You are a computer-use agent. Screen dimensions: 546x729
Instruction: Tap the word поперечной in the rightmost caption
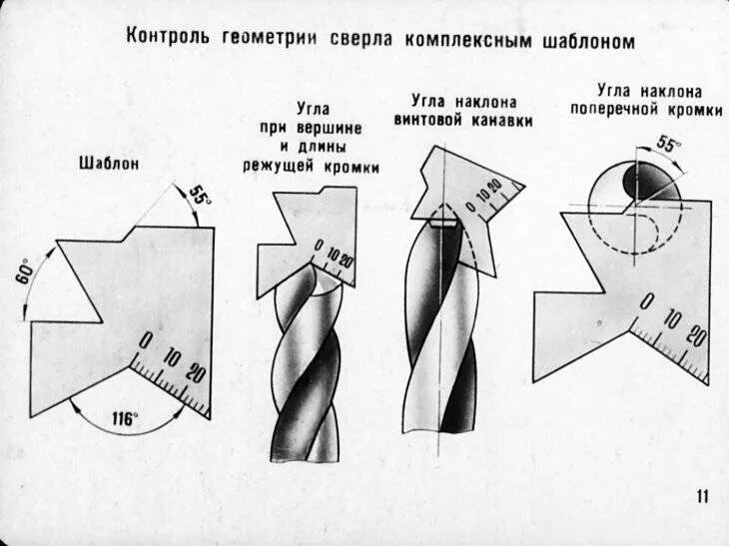611,111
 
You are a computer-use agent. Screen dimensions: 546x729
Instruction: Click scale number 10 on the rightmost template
672,319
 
